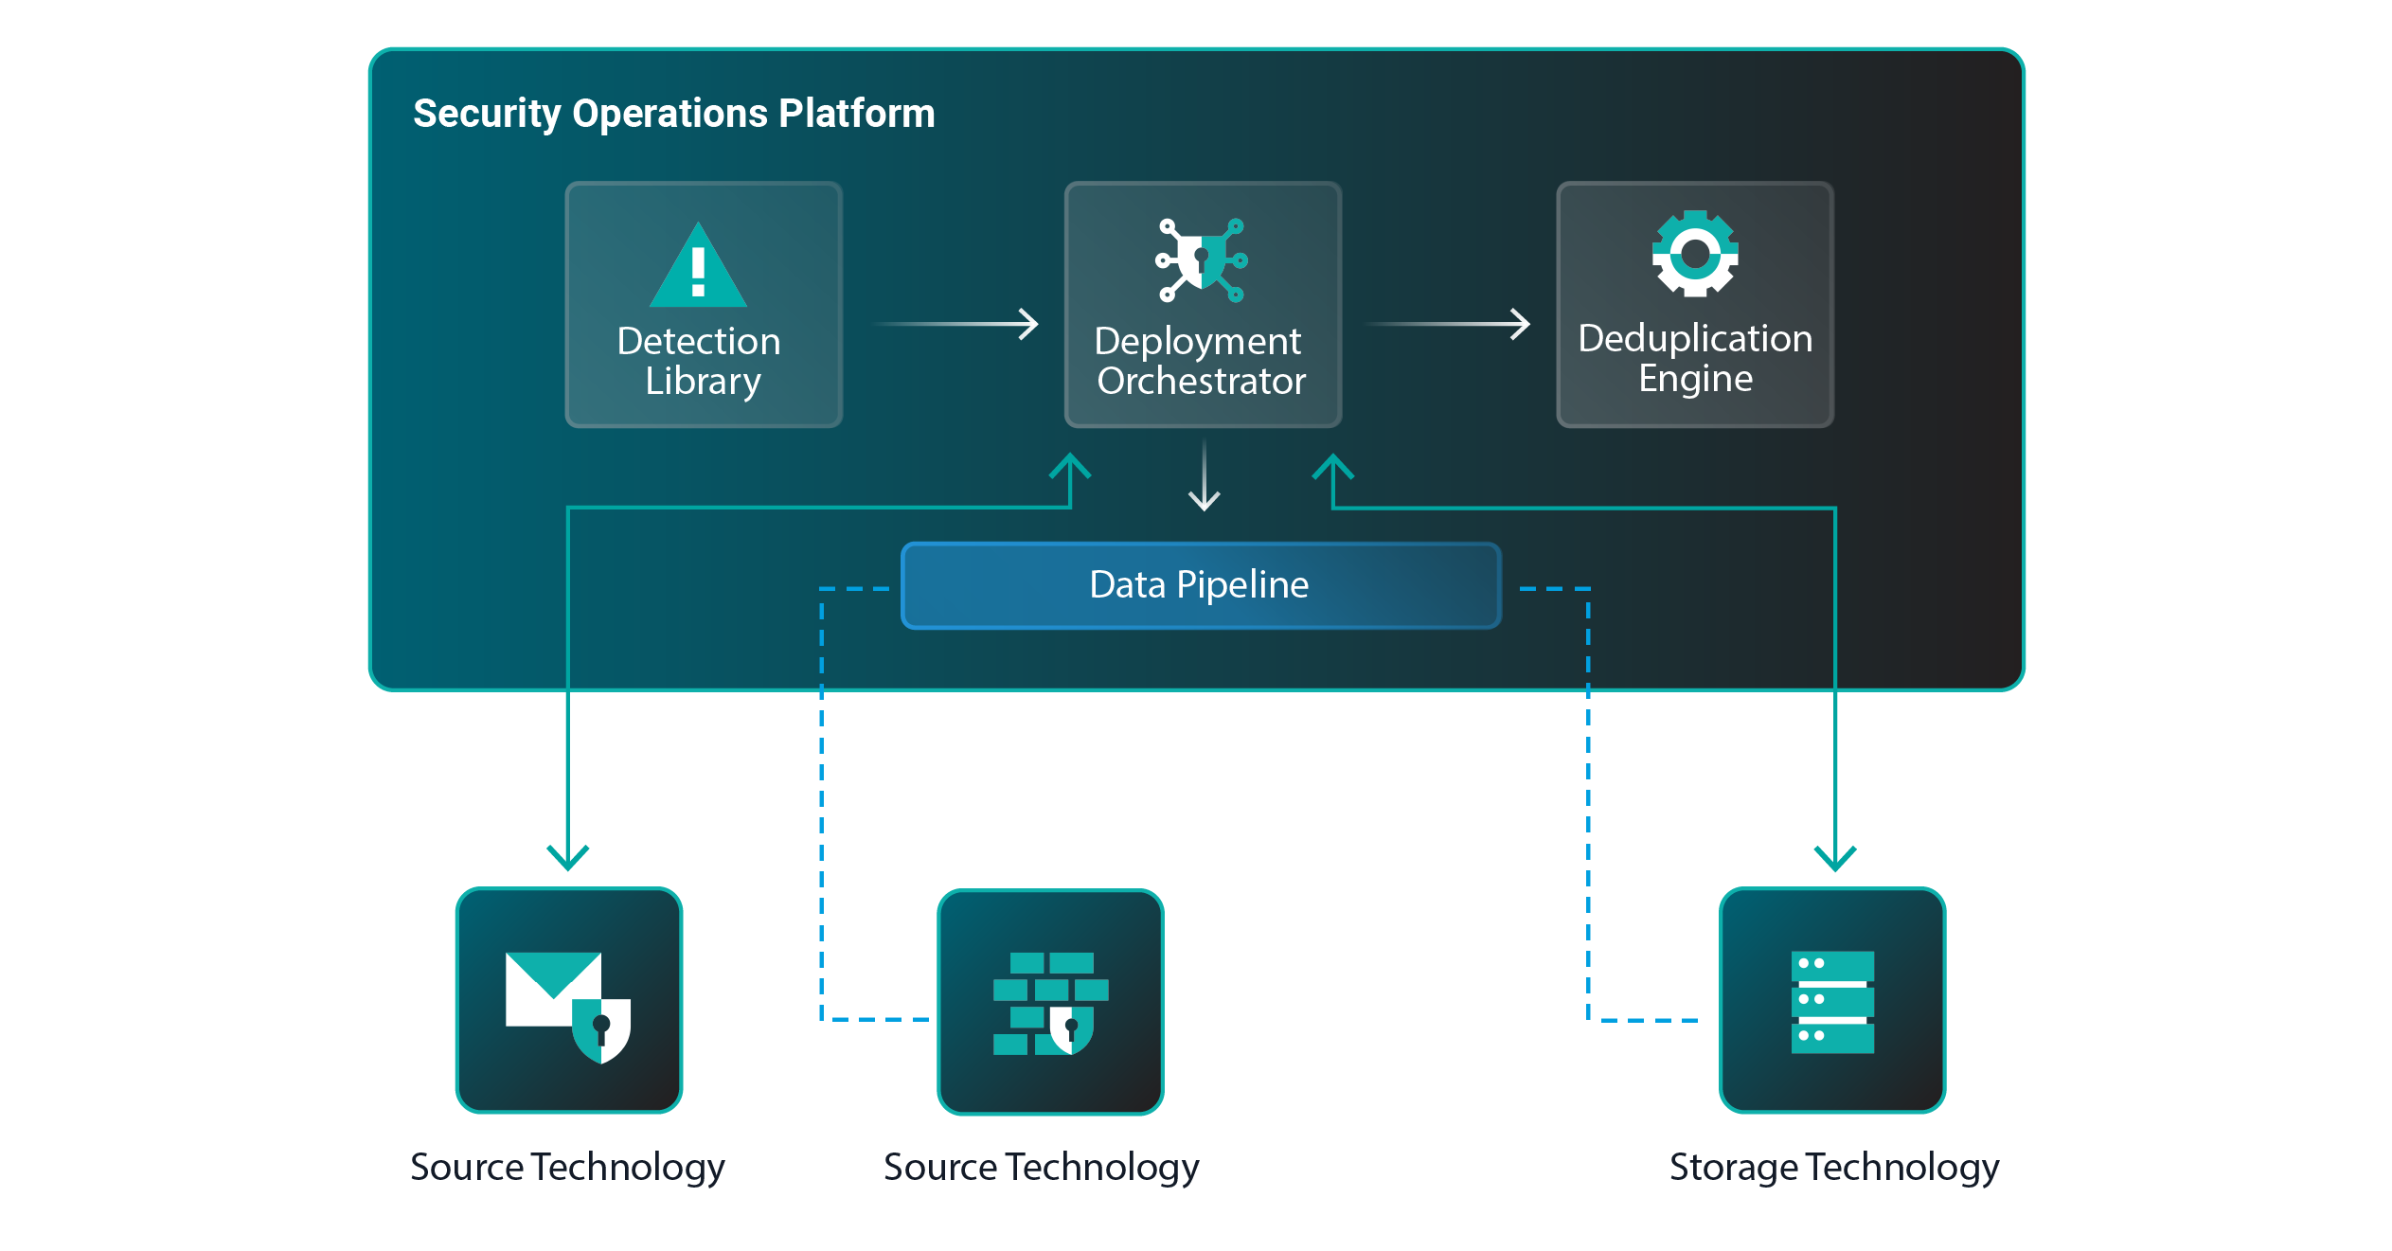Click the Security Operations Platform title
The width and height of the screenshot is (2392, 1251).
[673, 114]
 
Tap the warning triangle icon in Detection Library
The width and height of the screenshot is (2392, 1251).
[698, 268]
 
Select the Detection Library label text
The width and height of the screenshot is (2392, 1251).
[700, 361]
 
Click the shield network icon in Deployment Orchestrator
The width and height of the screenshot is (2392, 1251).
[1201, 259]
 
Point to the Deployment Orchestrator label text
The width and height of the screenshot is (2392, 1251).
[1200, 361]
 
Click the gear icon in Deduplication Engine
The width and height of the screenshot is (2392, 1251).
[1694, 253]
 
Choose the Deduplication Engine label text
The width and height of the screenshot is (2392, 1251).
[1694, 358]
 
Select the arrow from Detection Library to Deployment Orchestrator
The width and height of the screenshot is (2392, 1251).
[956, 324]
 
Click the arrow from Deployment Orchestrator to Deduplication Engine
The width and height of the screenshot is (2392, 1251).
[1449, 324]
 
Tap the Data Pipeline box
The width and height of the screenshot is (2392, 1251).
[1200, 585]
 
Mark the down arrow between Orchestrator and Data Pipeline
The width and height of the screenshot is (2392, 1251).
[1204, 476]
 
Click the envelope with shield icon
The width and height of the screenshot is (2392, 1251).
[567, 1005]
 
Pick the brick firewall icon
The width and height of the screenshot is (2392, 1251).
[1049, 1004]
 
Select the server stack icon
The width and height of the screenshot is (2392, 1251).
[1831, 1002]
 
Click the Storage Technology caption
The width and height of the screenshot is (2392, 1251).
[1833, 1167]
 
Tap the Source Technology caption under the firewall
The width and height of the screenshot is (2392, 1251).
[1041, 1167]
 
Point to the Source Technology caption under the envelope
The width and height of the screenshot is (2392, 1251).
[567, 1167]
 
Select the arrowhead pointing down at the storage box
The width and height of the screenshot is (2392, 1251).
[1834, 857]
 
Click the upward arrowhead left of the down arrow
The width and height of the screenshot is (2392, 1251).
[1070, 466]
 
